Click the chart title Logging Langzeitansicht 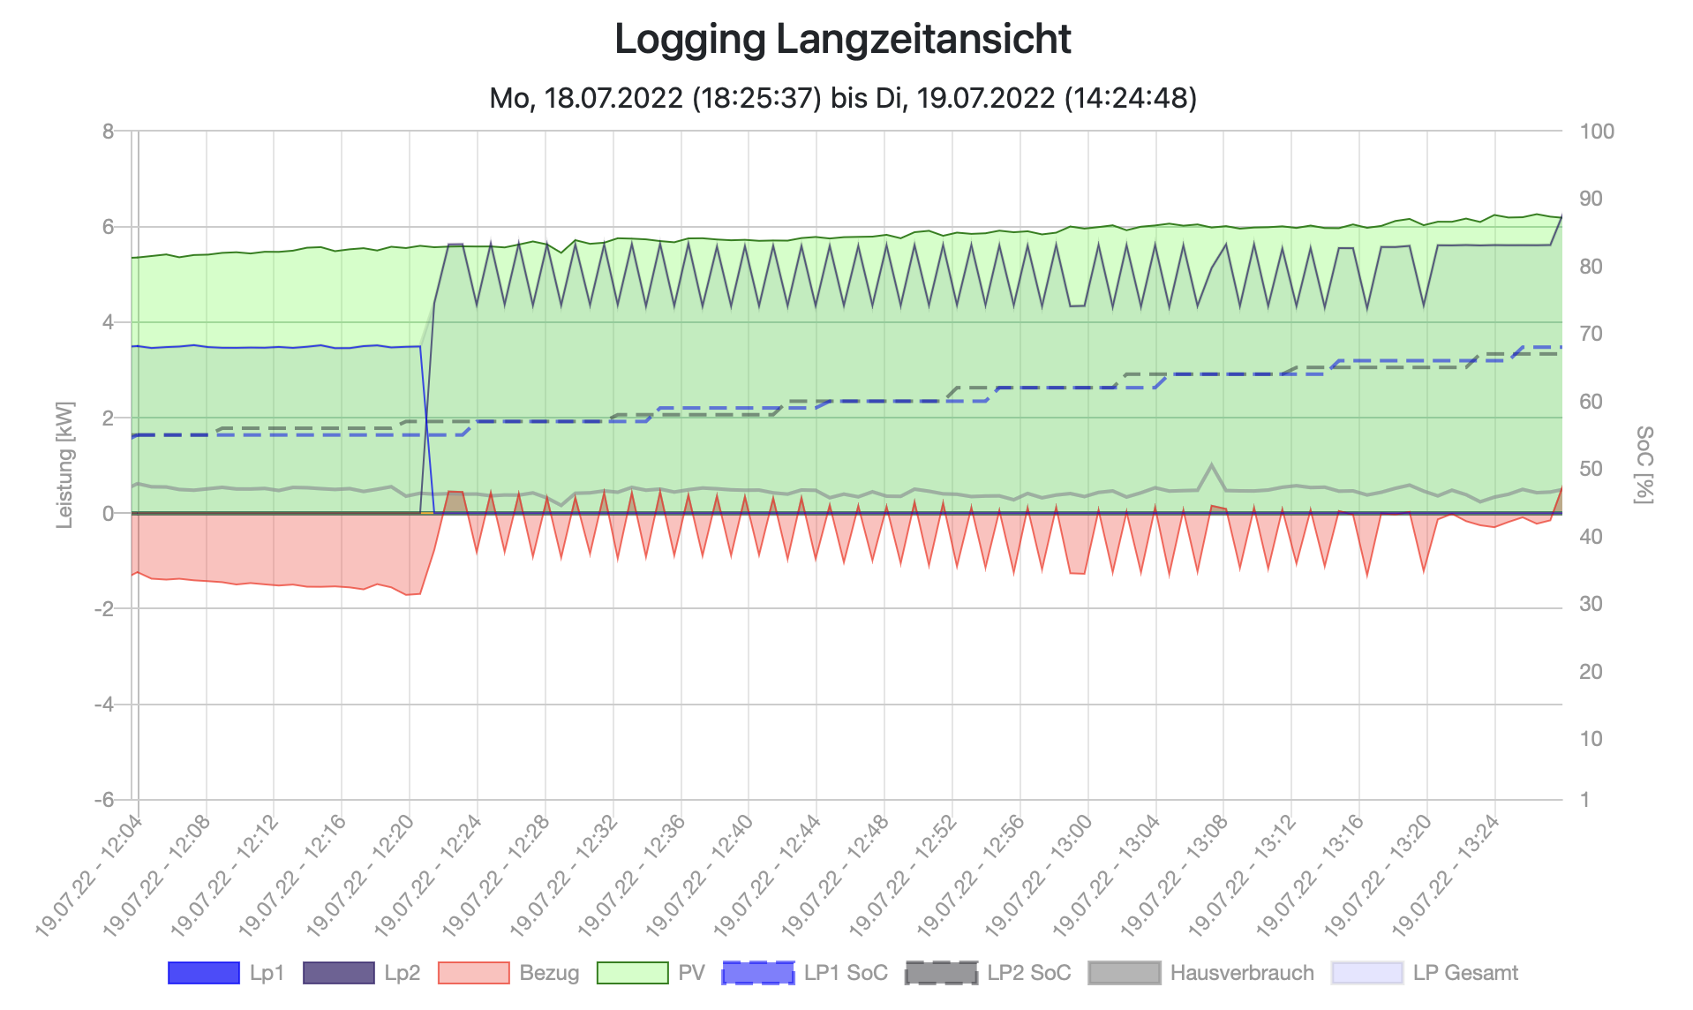pos(842,40)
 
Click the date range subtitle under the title pos(842,97)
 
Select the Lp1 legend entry pos(226,973)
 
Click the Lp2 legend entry pos(362,973)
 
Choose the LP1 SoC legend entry pos(804,973)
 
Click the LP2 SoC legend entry pos(988,973)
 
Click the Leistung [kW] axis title pos(64,465)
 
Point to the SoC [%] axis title pos(1644,465)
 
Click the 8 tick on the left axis pos(109,132)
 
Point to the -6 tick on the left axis pos(104,800)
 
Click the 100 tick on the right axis pos(1596,132)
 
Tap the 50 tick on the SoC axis pos(1591,469)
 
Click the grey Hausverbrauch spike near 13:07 pos(1211,465)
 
